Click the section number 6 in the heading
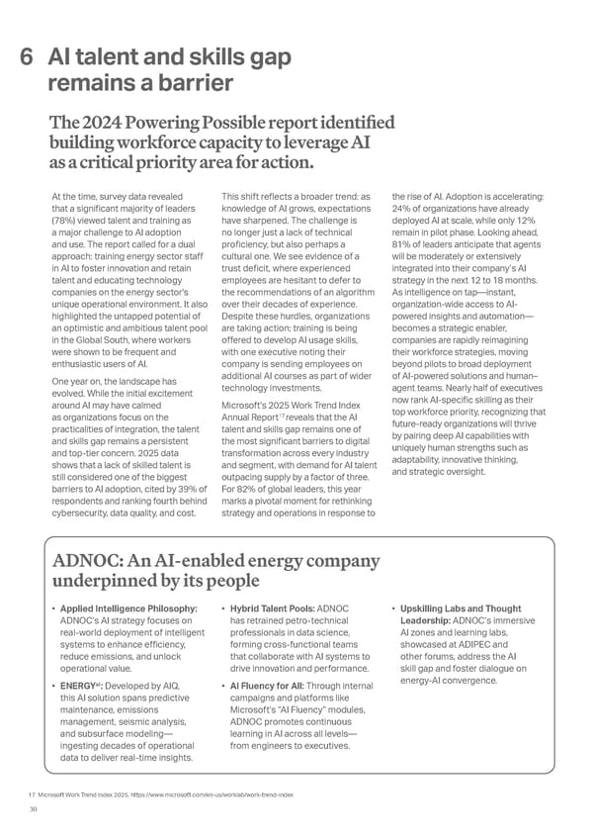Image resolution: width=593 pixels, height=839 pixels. [29, 59]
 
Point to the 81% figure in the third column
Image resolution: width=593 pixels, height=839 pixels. [404, 246]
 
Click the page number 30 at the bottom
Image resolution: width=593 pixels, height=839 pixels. [34, 808]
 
